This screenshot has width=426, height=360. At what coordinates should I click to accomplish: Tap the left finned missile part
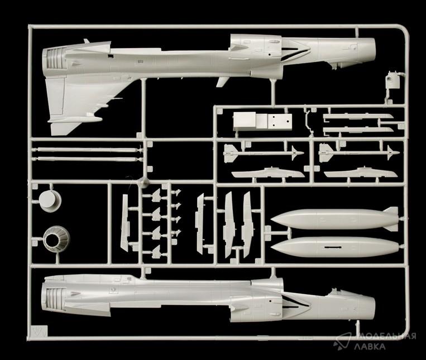point(262,152)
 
